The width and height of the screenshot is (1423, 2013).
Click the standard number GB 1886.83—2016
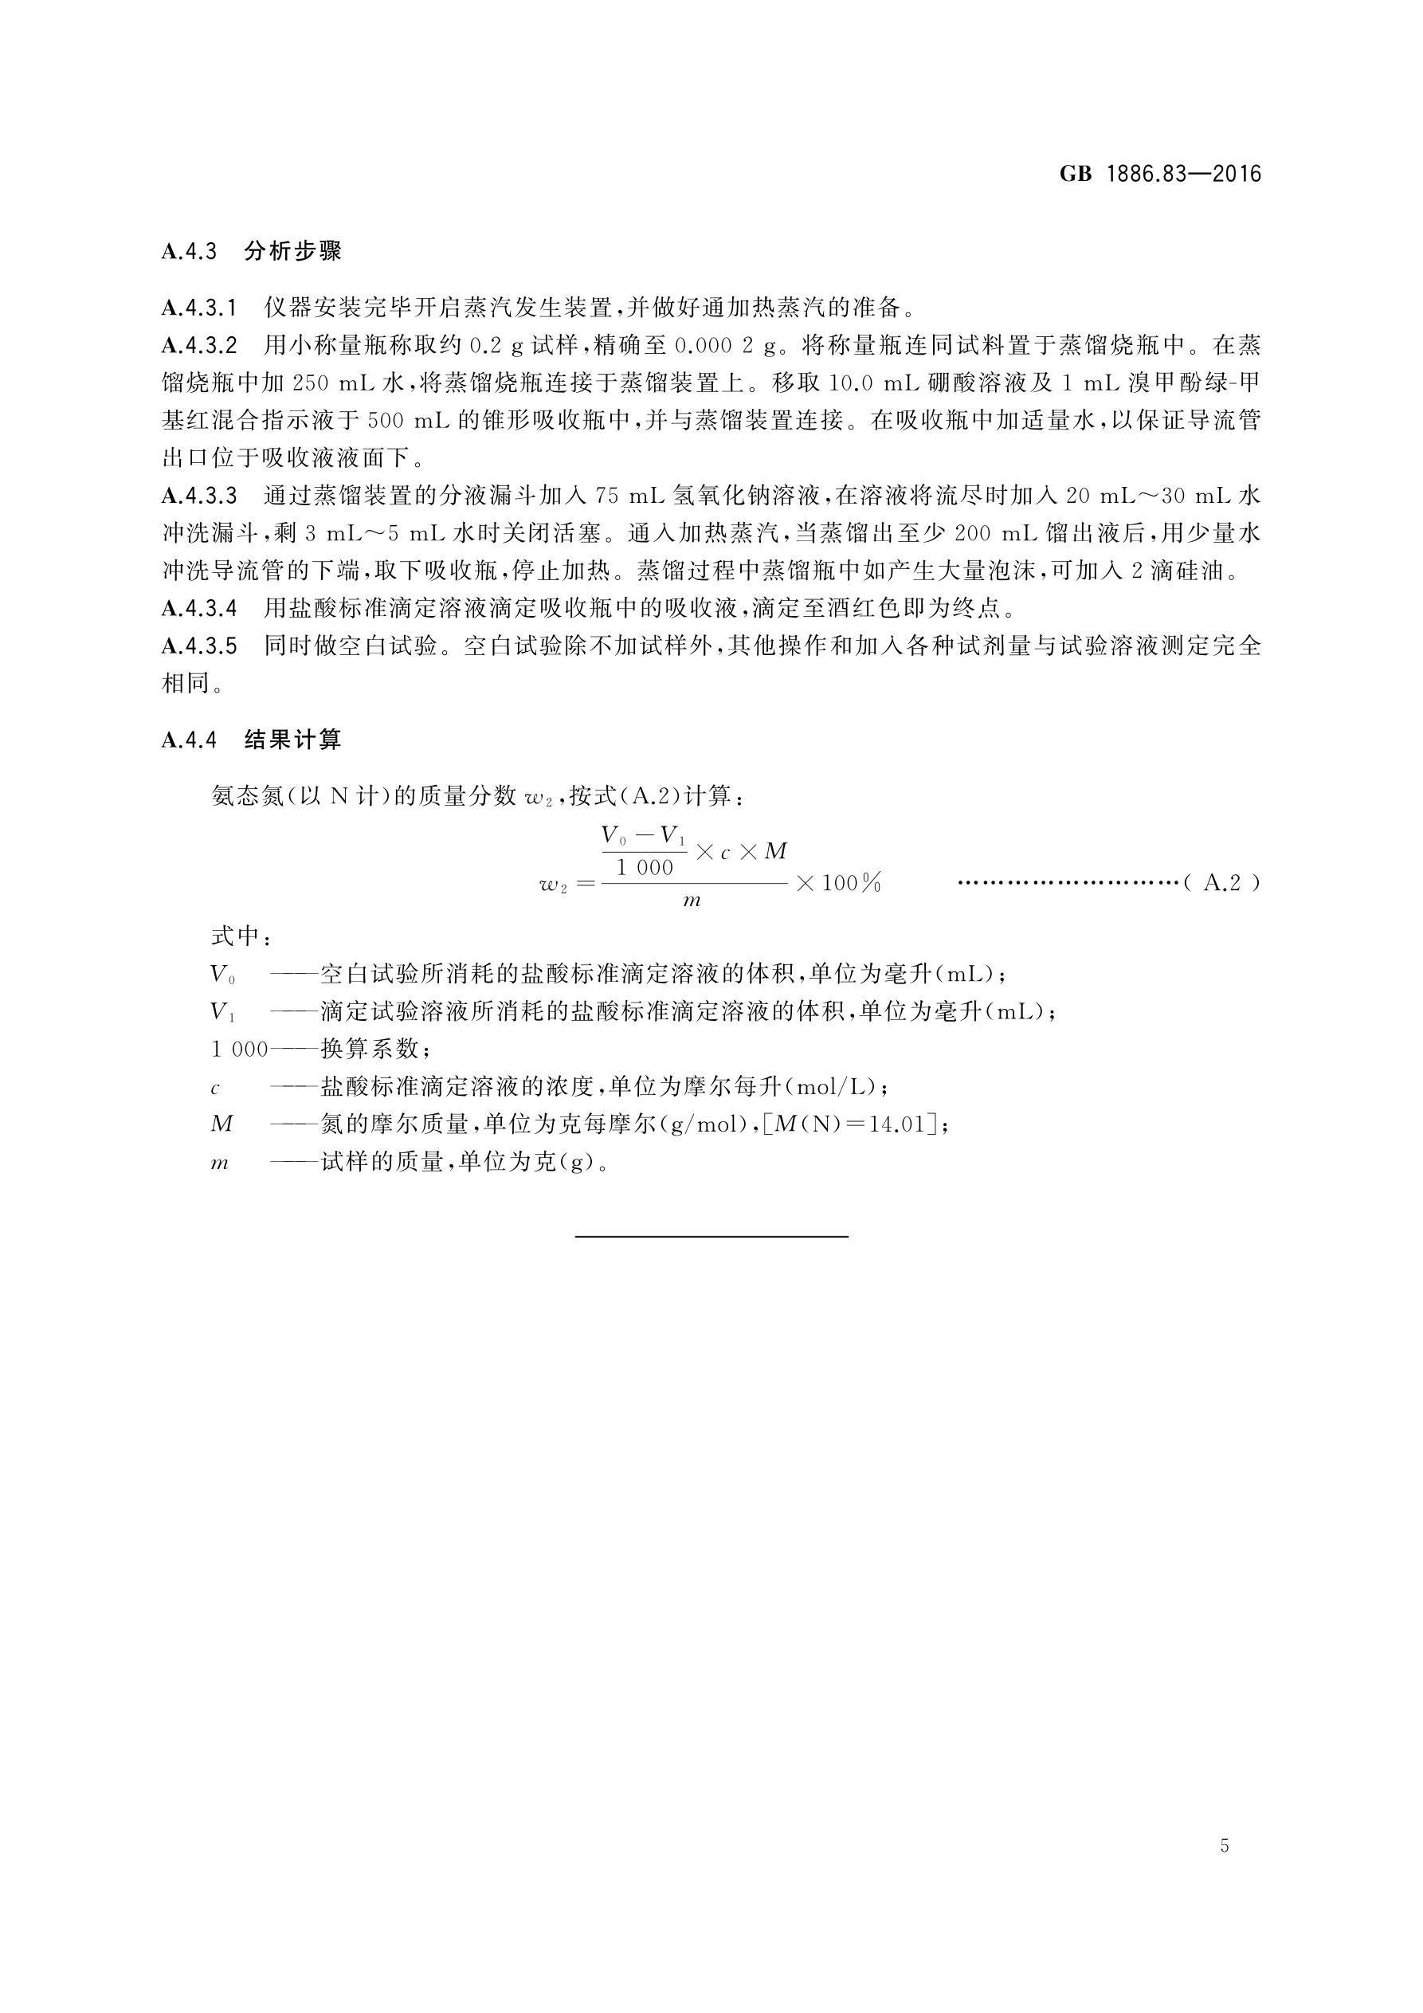[1159, 174]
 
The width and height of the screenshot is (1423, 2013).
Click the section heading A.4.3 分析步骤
[251, 252]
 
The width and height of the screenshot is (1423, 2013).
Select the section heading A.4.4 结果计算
[251, 740]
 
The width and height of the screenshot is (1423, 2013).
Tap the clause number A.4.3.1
[199, 308]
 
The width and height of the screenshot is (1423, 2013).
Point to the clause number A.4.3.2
[199, 345]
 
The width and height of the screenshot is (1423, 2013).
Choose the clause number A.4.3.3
[199, 496]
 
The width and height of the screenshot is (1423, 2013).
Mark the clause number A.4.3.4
[199, 607]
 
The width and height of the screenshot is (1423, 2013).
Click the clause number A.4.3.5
[199, 646]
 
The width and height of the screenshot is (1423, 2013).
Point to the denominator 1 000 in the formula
[645, 868]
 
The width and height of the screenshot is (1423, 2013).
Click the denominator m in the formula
[692, 901]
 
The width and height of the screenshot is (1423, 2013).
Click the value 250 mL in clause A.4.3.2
[323, 383]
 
